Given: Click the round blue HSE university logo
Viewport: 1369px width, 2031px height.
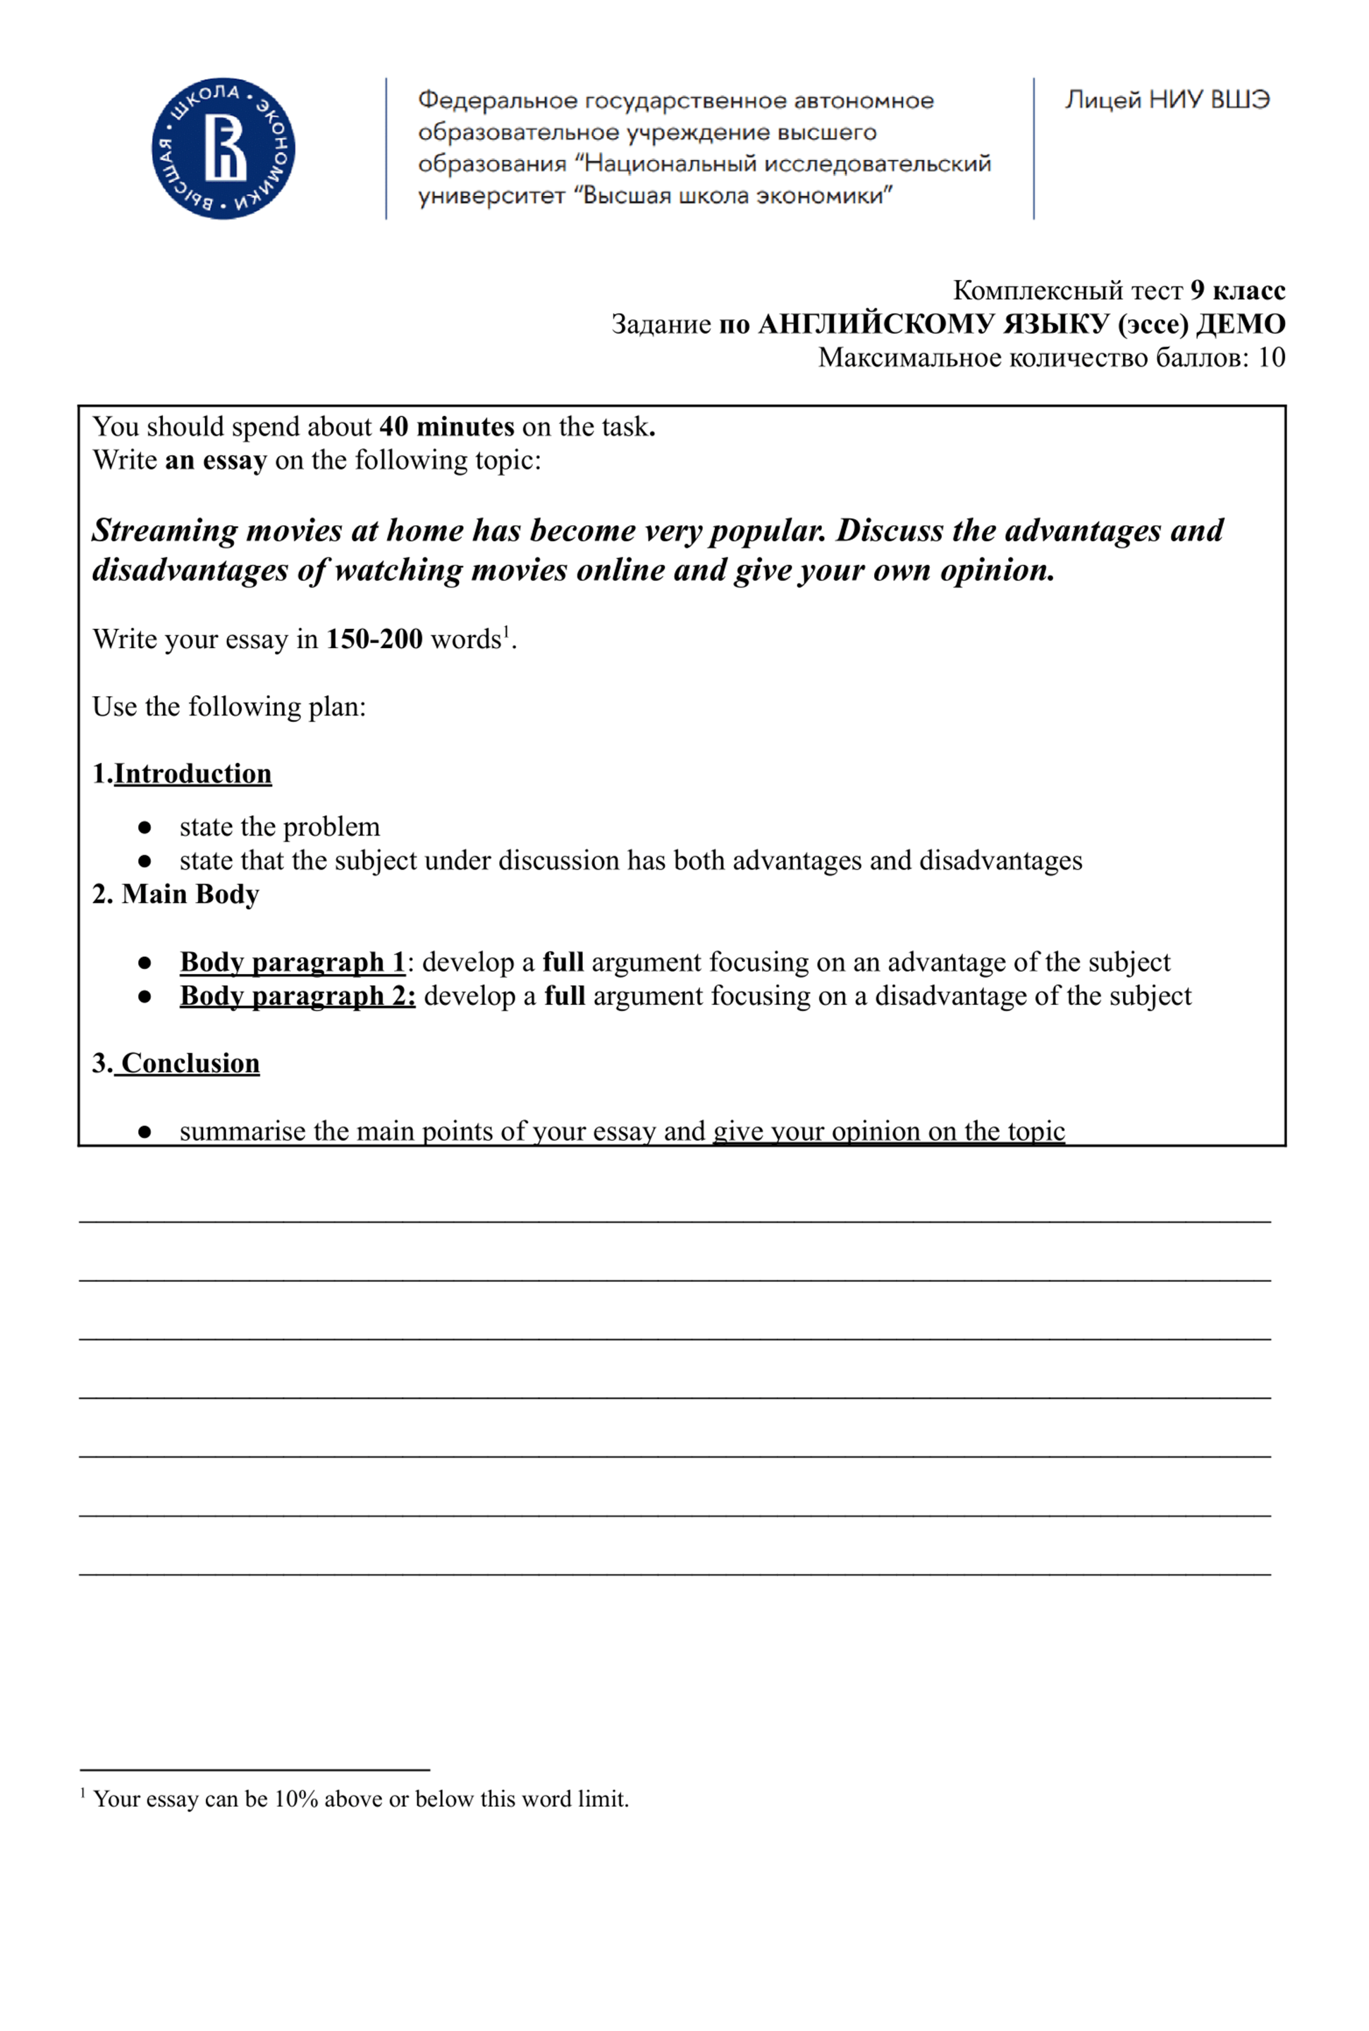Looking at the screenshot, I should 223,148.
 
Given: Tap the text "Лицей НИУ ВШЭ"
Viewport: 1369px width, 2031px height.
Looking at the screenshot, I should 1167,99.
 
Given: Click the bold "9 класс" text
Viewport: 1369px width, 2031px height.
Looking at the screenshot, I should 1237,290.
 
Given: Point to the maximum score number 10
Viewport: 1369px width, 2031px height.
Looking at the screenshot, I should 1271,357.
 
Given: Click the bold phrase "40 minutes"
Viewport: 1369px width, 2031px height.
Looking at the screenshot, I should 446,426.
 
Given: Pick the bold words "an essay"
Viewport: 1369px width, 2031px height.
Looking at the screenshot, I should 216,461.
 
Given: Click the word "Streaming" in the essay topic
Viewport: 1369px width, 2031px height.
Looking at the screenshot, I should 165,530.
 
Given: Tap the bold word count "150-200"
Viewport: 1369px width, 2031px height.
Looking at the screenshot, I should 374,639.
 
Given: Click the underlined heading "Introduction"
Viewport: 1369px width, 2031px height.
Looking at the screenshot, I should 193,774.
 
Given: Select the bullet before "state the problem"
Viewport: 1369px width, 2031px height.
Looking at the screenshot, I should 145,827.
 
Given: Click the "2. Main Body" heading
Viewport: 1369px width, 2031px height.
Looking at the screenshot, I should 176,894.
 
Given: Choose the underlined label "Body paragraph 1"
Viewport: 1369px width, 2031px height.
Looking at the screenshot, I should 293,962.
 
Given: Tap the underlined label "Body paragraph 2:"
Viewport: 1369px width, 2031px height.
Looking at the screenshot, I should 297,996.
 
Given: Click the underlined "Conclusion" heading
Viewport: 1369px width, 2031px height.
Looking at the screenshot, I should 190,1063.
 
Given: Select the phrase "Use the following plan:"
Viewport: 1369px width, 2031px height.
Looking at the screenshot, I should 228,707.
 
